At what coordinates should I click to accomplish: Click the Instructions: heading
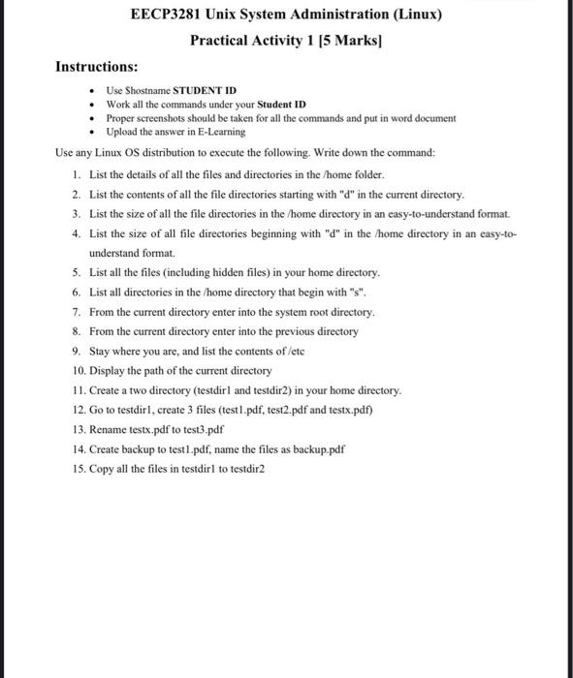pos(96,67)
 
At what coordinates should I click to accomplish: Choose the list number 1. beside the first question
pos(77,174)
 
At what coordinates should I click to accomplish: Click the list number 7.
pos(77,312)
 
